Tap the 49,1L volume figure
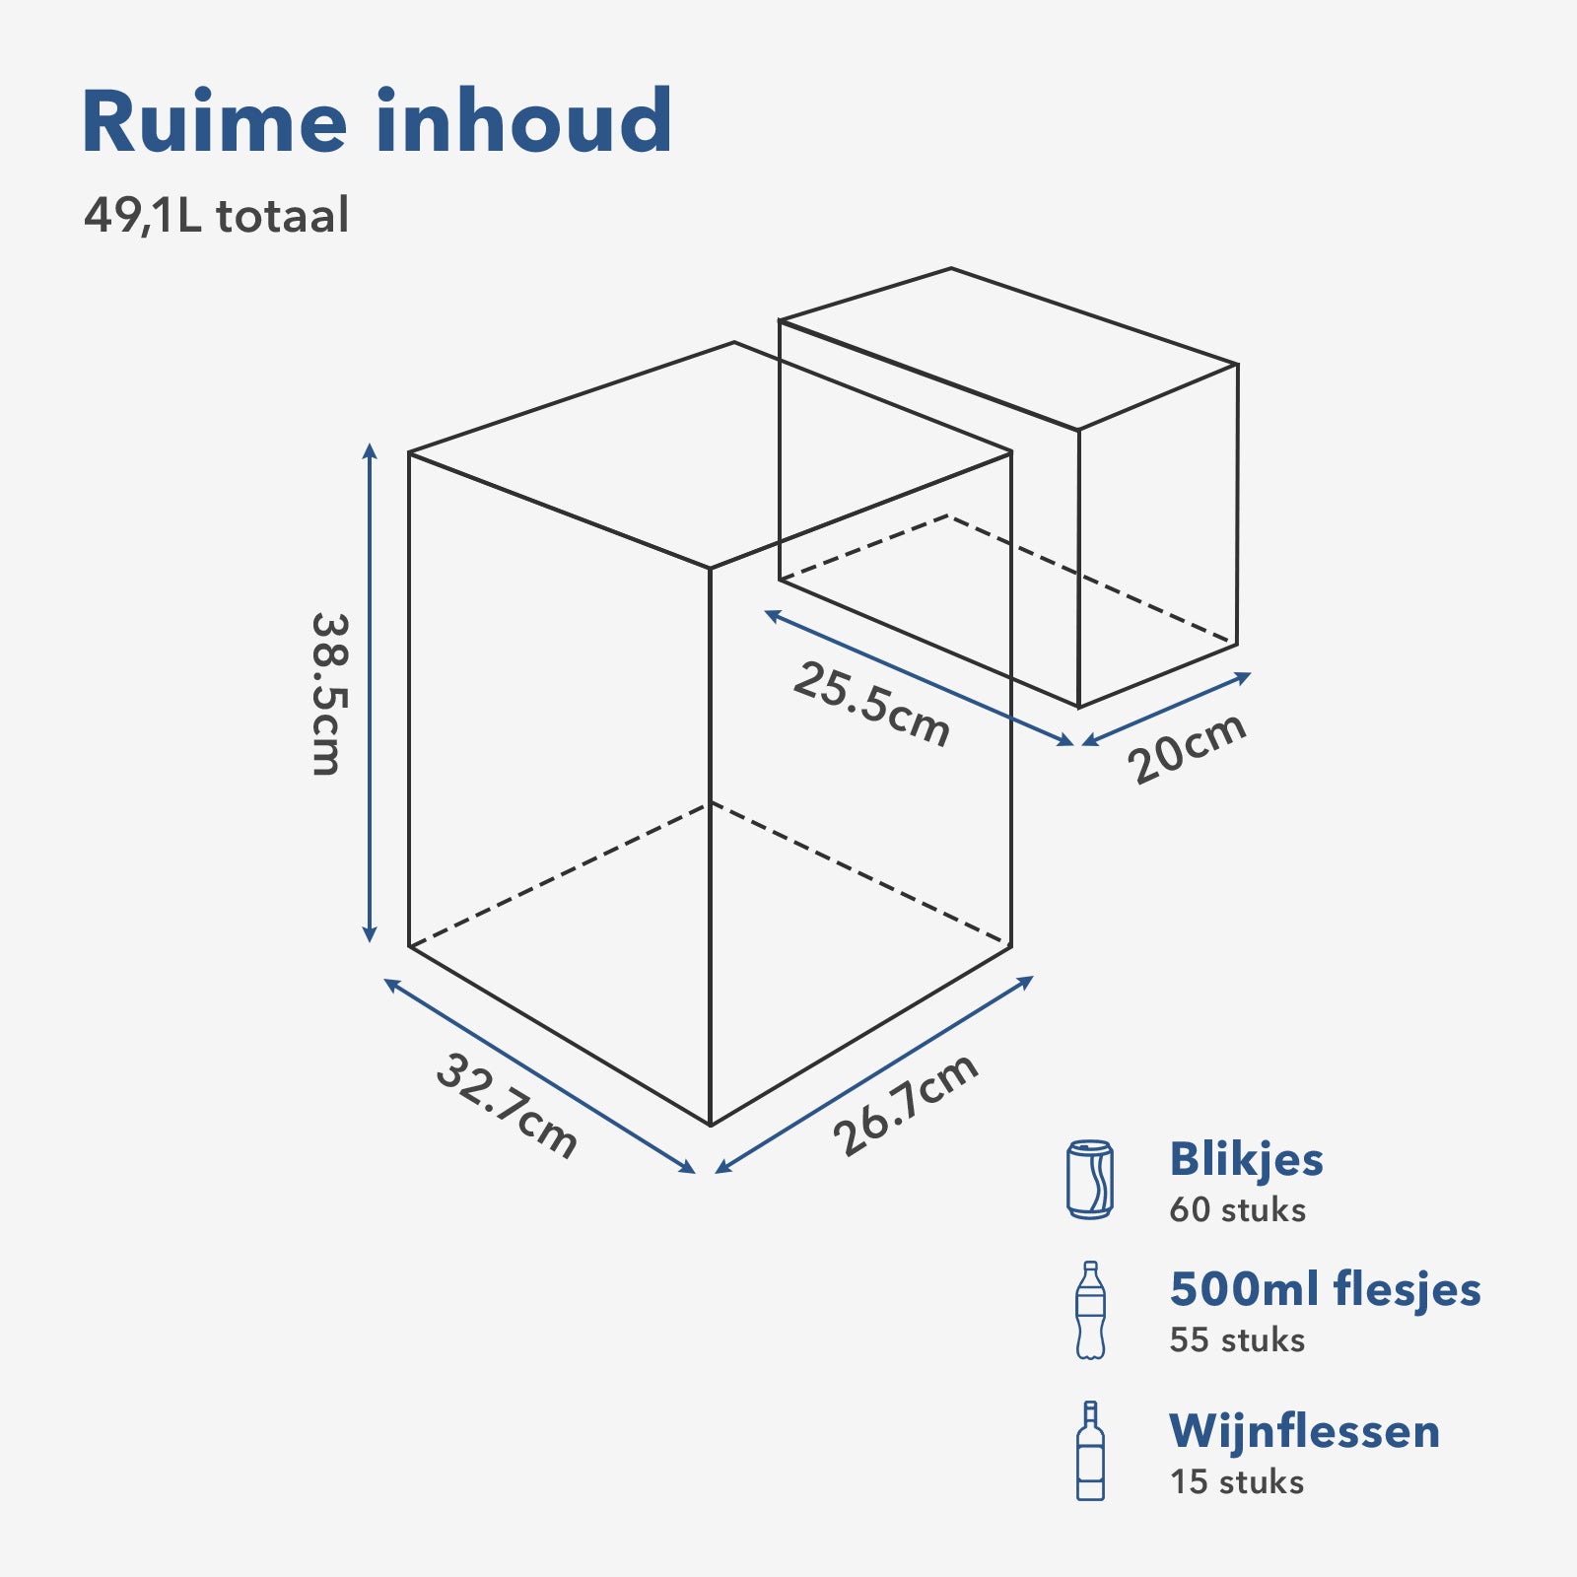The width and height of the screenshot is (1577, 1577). pos(142,216)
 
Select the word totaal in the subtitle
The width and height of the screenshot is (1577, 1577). pos(282,216)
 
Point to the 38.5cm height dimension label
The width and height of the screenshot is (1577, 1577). pos(326,694)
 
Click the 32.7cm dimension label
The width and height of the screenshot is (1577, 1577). pos(506,1105)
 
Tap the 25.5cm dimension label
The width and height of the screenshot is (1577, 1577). pos(871,704)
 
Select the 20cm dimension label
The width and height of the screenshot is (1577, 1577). pos(1187,748)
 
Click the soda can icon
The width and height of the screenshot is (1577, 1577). pos(1089,1179)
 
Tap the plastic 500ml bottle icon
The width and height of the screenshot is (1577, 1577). pos(1090,1311)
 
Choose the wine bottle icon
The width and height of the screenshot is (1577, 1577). pos(1090,1451)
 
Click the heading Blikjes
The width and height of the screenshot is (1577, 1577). pos(1246,1159)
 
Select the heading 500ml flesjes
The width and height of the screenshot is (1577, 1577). pos(1325,1289)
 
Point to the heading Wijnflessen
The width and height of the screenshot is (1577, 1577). pos(1304,1431)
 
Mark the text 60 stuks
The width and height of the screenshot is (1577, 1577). pos(1237,1210)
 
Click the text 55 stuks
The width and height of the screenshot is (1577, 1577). pos(1237,1340)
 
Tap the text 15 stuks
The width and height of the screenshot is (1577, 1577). pos(1237,1482)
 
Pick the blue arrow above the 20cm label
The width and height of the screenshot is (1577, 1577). pos(1167,709)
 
